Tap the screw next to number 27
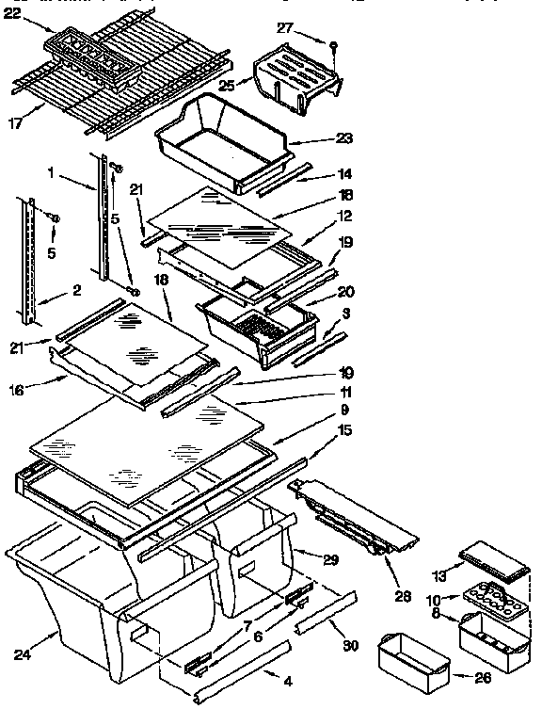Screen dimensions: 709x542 [333, 43]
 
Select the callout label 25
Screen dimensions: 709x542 [226, 85]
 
